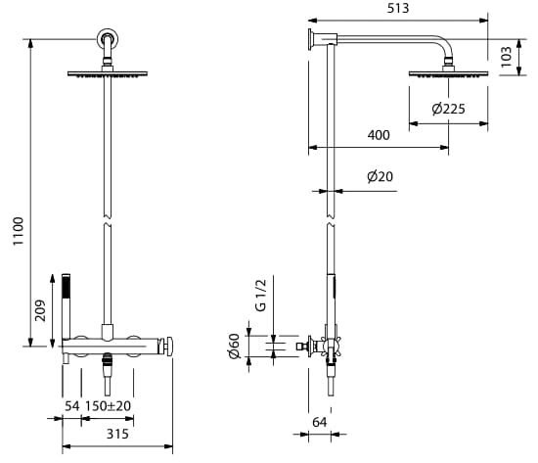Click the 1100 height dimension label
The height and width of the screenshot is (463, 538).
pos(18,231)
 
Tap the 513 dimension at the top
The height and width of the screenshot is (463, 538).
pos(398,8)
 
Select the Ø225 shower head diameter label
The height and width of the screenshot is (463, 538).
pos(448,109)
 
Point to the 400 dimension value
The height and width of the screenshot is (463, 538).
pos(379,135)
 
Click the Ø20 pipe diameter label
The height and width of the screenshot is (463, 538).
pos(380,176)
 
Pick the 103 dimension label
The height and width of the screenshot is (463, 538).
pos(506,57)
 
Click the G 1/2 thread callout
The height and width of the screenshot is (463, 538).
pos(261,295)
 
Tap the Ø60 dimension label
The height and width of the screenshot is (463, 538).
pos(235,346)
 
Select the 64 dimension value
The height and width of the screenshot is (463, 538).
pos(320,422)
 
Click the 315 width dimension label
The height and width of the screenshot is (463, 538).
pos(117,434)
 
